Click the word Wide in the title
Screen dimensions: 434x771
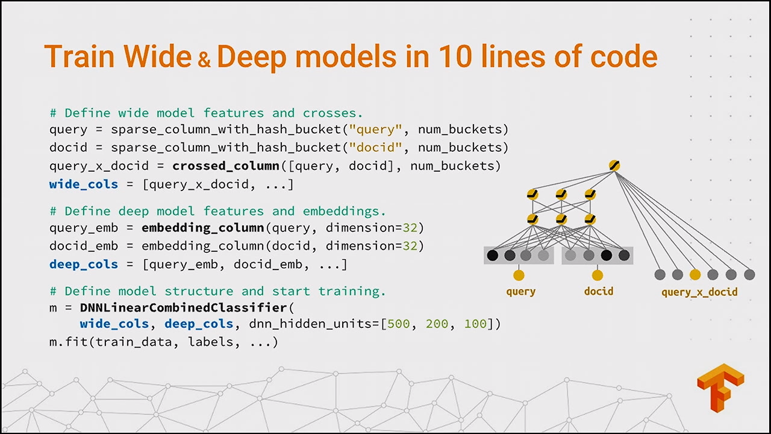pos(158,57)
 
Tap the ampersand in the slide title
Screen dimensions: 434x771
pos(204,59)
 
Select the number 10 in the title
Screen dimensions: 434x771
pos(457,57)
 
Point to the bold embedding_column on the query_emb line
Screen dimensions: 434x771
pos(202,228)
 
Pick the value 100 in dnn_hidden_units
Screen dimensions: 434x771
pos(475,324)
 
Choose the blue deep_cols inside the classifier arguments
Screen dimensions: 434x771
pos(199,324)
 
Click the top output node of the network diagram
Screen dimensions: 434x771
pos(614,166)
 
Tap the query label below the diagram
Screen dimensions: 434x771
pos(521,292)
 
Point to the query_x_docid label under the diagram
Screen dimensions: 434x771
pos(699,292)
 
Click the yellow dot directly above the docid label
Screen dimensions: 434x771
pos(597,275)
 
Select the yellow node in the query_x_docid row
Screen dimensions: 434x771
pos(695,275)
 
